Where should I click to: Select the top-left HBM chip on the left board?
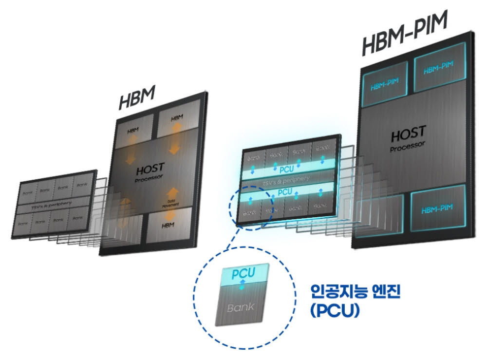(133, 132)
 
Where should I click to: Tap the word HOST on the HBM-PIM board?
(408, 133)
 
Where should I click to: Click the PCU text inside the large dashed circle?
(243, 273)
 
